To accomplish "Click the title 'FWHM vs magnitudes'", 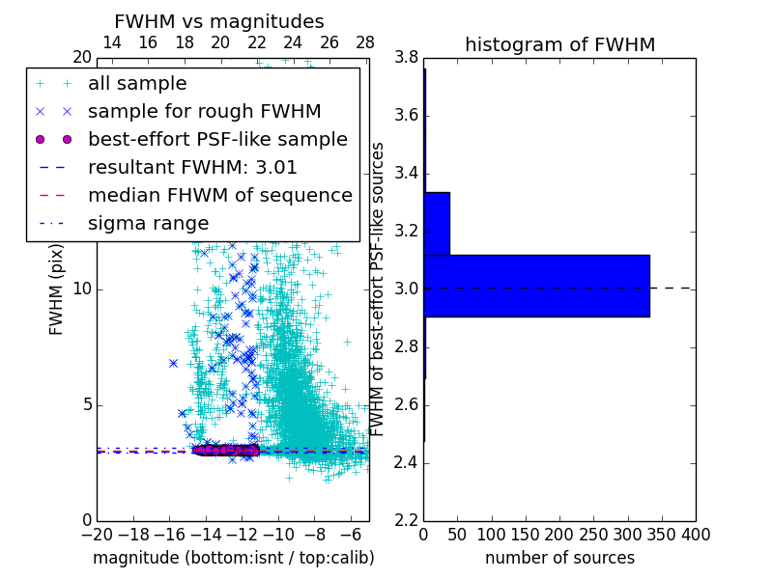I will (x=218, y=21).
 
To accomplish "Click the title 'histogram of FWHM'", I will (x=559, y=44).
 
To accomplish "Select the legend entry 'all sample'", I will (x=137, y=84).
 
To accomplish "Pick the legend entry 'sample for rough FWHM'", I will (x=204, y=111).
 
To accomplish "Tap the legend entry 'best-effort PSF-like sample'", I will (x=217, y=139).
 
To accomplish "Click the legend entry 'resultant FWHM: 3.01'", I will (x=192, y=167).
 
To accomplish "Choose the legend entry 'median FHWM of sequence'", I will (x=219, y=195).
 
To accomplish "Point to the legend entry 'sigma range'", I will (x=148, y=223).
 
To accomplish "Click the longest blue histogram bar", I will (x=536, y=286).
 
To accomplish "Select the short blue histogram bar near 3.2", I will (x=436, y=223).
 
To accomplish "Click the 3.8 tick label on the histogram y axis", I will (x=406, y=58).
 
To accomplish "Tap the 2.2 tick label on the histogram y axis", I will (x=406, y=520).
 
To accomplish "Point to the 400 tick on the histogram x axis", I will (x=696, y=535).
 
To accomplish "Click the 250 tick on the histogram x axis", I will (x=593, y=535).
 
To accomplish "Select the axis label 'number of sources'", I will (x=559, y=558).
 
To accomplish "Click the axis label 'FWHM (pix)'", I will (x=57, y=289).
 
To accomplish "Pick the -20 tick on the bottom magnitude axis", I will (x=97, y=535).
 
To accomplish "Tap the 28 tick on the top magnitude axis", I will (x=365, y=42).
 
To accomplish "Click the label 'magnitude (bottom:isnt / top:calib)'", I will (x=233, y=558).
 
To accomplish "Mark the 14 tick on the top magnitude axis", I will (x=111, y=42).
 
